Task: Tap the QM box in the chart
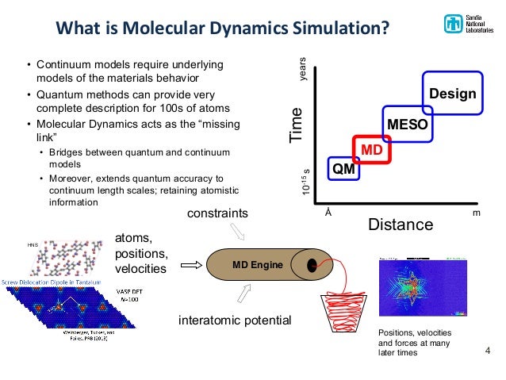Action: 343,168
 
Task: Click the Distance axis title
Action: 401,225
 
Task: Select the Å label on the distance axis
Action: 328,213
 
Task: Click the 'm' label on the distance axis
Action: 477,213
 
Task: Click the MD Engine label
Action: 255,265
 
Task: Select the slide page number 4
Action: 488,350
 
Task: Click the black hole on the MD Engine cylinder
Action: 313,265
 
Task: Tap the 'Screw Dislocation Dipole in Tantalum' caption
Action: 53,283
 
